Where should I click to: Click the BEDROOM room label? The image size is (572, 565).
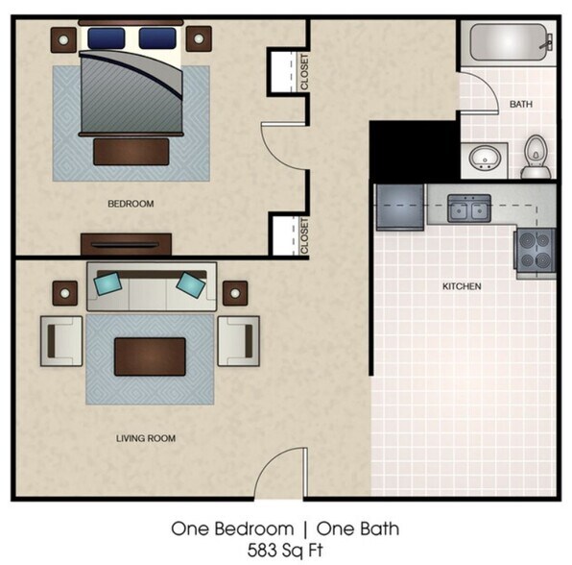pos(131,204)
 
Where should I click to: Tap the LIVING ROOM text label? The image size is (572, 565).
pos(147,438)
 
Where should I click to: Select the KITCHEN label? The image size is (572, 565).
pos(462,286)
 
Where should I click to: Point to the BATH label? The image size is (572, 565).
pos(521,104)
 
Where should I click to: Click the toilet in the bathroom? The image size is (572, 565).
pos(536,160)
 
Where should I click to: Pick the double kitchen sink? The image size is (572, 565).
pos(469,208)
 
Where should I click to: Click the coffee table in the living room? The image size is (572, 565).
pos(150,356)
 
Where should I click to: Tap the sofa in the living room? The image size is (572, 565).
pos(152,286)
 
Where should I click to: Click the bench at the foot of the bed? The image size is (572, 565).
pos(131,151)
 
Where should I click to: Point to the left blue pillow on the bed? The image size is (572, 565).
pos(107,37)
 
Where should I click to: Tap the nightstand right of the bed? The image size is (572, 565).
pos(198,38)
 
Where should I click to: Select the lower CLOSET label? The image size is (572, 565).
pos(304,236)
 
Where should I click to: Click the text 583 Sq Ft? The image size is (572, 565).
pos(285,551)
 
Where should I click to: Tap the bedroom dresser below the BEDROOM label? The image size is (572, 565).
pos(126,244)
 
